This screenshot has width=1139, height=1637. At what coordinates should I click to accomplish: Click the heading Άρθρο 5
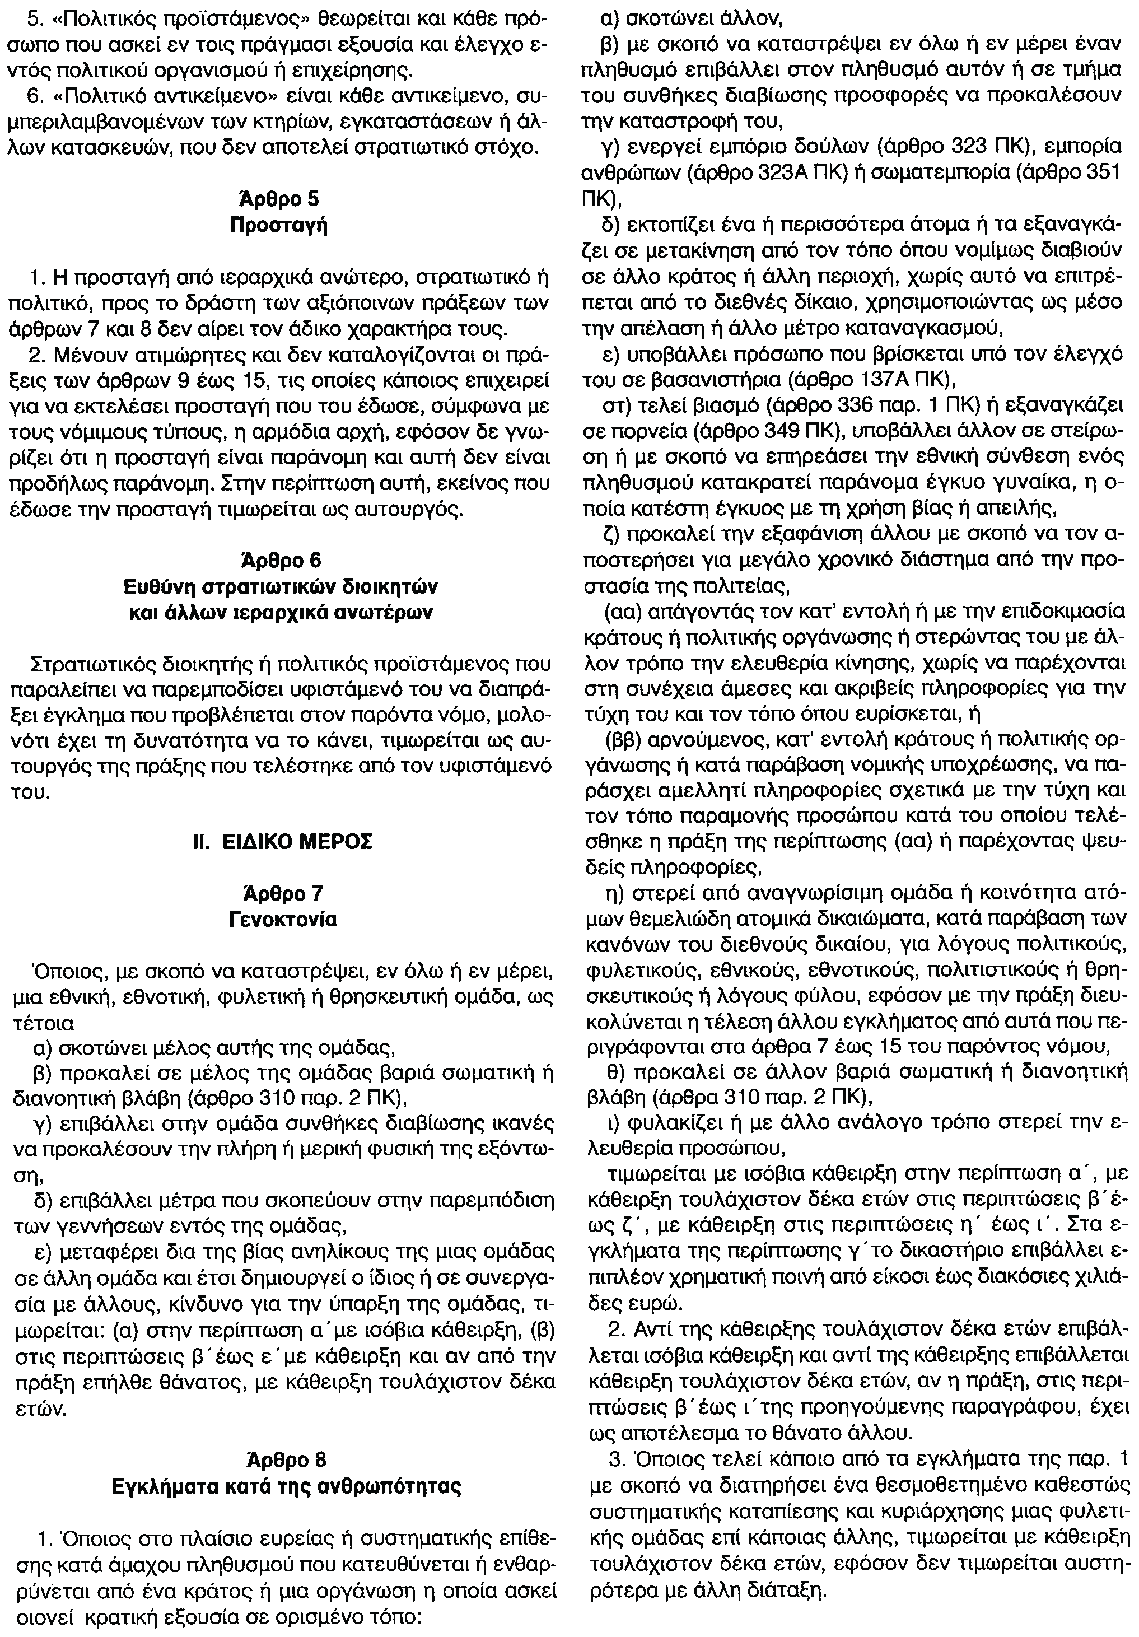click(278, 199)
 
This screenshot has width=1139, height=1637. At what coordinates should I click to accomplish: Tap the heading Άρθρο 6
click(278, 561)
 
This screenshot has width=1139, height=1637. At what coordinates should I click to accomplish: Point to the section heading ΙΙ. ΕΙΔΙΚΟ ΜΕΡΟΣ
click(278, 842)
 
